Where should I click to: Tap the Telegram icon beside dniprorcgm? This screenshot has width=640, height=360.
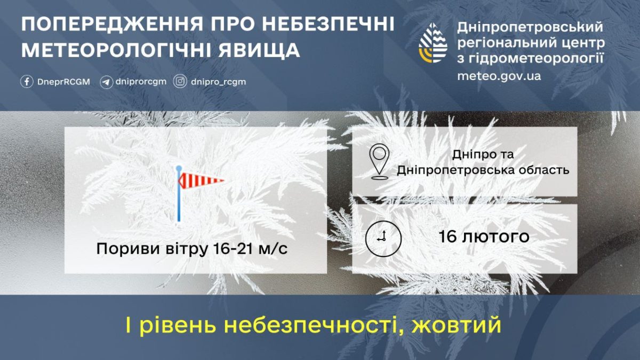[106, 82]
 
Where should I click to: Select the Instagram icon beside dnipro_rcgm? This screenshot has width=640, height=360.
[181, 82]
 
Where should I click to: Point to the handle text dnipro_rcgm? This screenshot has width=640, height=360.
[218, 82]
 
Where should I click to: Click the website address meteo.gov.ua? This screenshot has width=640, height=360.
[499, 76]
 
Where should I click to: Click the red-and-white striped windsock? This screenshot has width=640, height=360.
[202, 181]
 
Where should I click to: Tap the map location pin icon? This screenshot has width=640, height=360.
[379, 161]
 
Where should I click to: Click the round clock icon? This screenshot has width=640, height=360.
[383, 237]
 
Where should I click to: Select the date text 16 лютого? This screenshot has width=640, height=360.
[484, 237]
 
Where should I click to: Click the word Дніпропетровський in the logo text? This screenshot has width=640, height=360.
[531, 27]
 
